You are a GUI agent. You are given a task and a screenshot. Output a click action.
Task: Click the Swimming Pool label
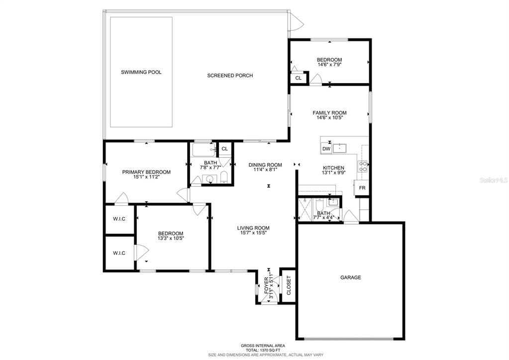pyautogui.click(x=141, y=72)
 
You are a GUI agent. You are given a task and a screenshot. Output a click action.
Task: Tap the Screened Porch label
pyautogui.click(x=230, y=76)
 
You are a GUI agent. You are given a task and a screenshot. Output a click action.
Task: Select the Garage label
pyautogui.click(x=350, y=277)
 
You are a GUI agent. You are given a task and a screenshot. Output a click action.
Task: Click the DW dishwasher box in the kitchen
pyautogui.click(x=326, y=149)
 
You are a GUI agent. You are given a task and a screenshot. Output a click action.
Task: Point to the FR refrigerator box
pyautogui.click(x=362, y=188)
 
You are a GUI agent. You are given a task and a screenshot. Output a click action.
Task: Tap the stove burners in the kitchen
pyautogui.click(x=363, y=166)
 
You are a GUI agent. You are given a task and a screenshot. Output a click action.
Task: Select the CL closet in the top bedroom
pyautogui.click(x=299, y=78)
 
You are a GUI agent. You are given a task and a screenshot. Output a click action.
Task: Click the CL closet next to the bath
pyautogui.click(x=224, y=148)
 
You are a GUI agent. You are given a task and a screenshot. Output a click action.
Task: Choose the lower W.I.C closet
pyautogui.click(x=119, y=253)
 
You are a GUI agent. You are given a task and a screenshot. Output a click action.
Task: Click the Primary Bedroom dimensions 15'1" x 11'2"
pyautogui.click(x=146, y=177)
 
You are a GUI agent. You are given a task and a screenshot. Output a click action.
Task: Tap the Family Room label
pyautogui.click(x=329, y=113)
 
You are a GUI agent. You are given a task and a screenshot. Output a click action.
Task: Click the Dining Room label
pyautogui.click(x=265, y=165)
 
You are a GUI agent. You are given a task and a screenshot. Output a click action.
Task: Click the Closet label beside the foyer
pyautogui.click(x=289, y=285)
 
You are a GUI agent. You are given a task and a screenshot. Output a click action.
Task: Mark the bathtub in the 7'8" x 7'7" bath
pyautogui.click(x=204, y=150)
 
